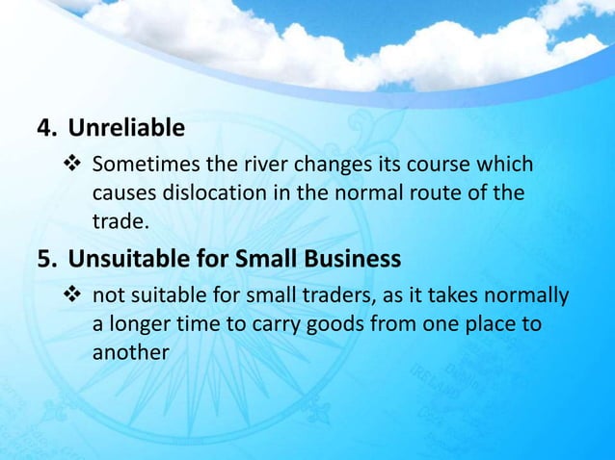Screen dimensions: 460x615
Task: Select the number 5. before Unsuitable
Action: [x=45, y=258]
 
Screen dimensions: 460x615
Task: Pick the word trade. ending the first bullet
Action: [x=120, y=222]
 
